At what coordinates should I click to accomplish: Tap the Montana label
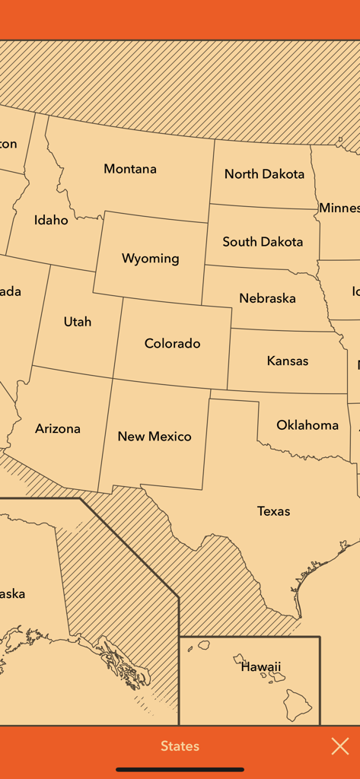click(x=130, y=169)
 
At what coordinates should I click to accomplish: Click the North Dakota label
click(x=264, y=174)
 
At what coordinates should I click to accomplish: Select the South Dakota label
click(x=263, y=242)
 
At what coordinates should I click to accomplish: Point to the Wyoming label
click(x=151, y=259)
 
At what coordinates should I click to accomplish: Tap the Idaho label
click(x=51, y=221)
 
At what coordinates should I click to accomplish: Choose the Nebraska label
click(x=267, y=298)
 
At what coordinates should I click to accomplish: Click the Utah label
click(x=78, y=322)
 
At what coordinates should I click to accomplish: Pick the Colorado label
click(x=173, y=344)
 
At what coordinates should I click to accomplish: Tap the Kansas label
click(x=288, y=361)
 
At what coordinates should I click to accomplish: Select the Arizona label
click(x=58, y=429)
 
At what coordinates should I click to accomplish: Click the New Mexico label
click(x=155, y=437)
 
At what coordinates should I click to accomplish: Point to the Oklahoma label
click(x=307, y=425)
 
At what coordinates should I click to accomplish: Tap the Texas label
click(x=273, y=511)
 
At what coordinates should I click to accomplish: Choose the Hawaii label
click(x=261, y=667)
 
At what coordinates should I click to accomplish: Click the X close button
click(x=340, y=746)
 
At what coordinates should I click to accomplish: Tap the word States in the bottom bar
click(x=180, y=746)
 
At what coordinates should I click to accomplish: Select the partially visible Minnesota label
click(x=339, y=208)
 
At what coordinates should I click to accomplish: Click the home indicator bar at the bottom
click(x=180, y=769)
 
